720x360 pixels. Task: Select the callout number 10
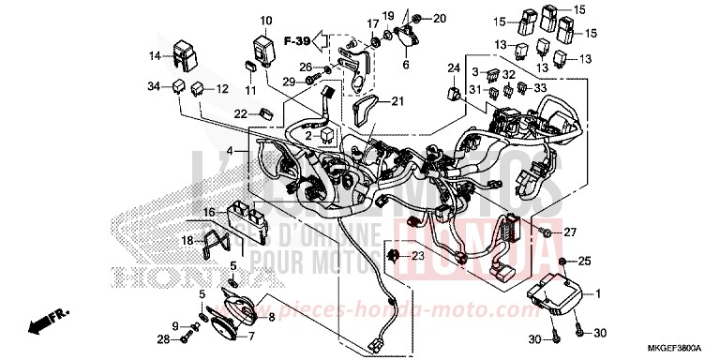[x=266, y=20]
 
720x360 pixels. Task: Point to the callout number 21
[x=397, y=102]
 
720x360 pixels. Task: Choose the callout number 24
[x=454, y=67]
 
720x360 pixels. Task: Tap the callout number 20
[x=440, y=19]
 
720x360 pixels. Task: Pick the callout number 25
[x=586, y=260]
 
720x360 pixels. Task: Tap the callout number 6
[x=406, y=66]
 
